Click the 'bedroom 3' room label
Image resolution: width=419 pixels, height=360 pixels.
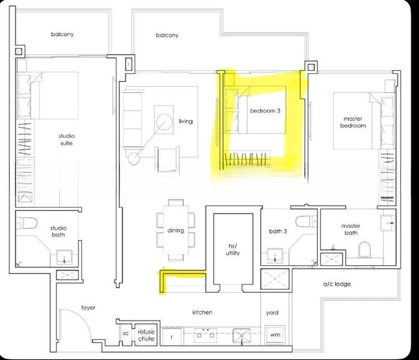tap(266, 110)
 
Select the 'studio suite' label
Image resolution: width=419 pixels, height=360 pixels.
tap(67, 139)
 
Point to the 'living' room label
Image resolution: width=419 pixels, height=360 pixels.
tap(185, 121)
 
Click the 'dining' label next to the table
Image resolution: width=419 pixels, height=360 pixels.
tap(176, 230)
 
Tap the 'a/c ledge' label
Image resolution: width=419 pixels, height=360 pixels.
tap(337, 284)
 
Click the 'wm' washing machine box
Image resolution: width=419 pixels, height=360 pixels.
tap(275, 334)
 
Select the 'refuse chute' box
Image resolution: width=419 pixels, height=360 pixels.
tap(146, 335)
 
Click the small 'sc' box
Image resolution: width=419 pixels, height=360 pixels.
tap(126, 334)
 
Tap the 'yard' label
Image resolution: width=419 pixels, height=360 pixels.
tap(273, 313)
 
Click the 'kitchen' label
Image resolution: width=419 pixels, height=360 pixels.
tap(202, 312)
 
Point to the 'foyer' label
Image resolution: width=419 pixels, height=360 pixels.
tap(88, 307)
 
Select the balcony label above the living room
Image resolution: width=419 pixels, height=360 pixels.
tap(167, 35)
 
